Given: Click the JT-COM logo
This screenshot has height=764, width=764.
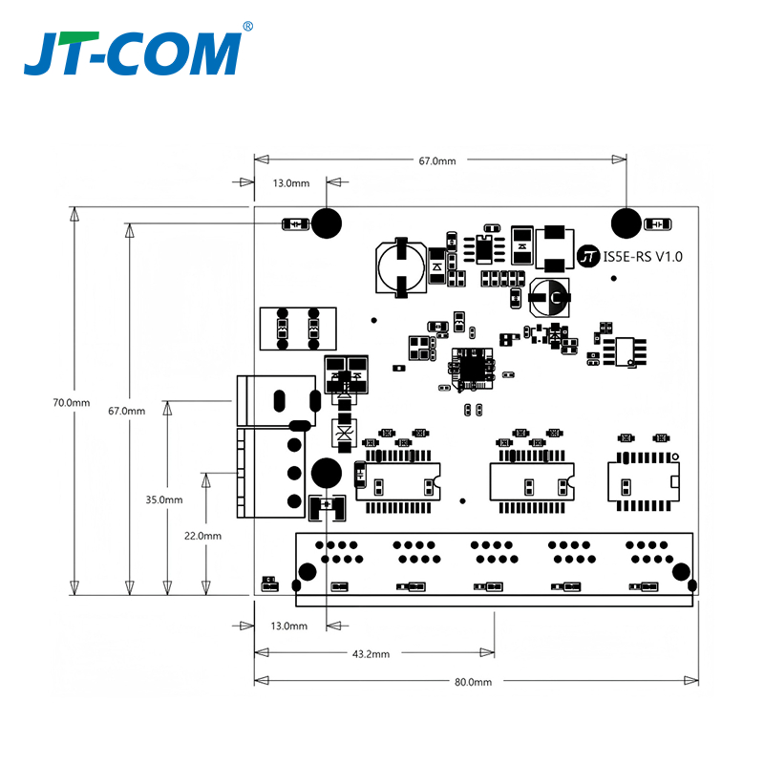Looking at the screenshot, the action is pyautogui.click(x=133, y=53).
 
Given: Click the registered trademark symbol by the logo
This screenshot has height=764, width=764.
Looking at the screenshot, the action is pyautogui.click(x=247, y=27).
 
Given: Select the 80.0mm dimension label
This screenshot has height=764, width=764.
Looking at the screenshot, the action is pyautogui.click(x=473, y=682).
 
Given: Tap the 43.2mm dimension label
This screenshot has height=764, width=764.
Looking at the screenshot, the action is pyautogui.click(x=371, y=654).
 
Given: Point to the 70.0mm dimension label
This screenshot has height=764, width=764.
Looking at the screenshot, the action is pyautogui.click(x=72, y=403).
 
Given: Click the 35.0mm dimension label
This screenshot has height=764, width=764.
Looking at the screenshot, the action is pyautogui.click(x=164, y=499).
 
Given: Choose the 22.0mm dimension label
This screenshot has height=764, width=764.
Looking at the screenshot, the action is pyautogui.click(x=202, y=536).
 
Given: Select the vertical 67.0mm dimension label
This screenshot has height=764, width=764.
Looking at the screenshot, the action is pyautogui.click(x=127, y=412).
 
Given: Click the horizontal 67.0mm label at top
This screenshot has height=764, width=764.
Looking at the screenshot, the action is pyautogui.click(x=437, y=161).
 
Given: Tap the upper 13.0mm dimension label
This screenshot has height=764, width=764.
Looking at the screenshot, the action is pyautogui.click(x=291, y=183).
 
